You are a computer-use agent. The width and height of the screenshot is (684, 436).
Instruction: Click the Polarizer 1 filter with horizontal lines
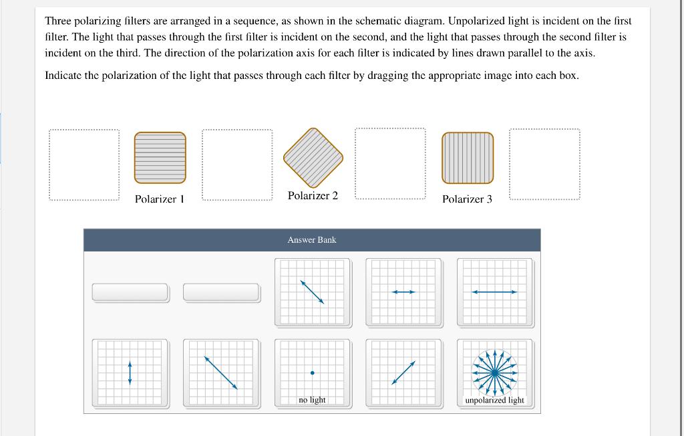click(x=160, y=158)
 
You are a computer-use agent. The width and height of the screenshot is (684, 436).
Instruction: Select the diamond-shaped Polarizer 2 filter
click(x=313, y=157)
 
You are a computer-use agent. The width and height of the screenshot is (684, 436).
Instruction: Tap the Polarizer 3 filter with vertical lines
click(x=467, y=158)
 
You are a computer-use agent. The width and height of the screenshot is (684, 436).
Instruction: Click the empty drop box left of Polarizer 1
click(x=84, y=165)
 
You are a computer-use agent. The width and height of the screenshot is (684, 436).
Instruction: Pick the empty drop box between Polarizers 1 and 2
click(x=236, y=165)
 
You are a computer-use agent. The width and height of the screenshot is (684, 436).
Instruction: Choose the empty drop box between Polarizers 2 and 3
click(x=390, y=164)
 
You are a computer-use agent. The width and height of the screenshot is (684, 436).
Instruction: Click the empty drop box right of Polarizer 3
click(x=544, y=165)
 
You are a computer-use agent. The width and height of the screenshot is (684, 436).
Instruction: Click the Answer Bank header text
click(x=312, y=239)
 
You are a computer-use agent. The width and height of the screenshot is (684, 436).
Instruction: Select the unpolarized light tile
click(x=495, y=373)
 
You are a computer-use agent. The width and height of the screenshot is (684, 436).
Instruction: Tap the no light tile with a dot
click(x=312, y=373)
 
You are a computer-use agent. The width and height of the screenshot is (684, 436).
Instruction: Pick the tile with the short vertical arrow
click(x=130, y=373)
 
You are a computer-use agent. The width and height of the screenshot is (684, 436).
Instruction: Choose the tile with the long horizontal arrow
click(x=495, y=292)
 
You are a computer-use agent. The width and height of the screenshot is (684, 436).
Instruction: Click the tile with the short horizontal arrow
click(x=403, y=292)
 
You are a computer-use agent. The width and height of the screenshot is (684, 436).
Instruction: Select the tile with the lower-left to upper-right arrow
click(x=403, y=373)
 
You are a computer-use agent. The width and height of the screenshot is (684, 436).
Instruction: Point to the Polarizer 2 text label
click(x=313, y=195)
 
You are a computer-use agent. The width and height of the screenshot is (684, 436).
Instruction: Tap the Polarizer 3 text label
click(x=467, y=199)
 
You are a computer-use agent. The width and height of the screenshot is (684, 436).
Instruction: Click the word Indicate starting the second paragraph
click(x=65, y=76)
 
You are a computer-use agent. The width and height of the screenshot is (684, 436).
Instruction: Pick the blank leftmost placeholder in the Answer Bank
click(x=130, y=292)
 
